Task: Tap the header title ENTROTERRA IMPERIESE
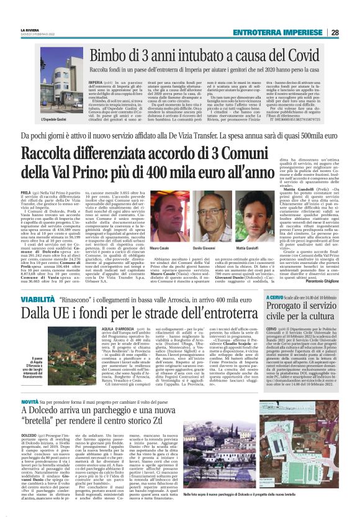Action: (x=285, y=33)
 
